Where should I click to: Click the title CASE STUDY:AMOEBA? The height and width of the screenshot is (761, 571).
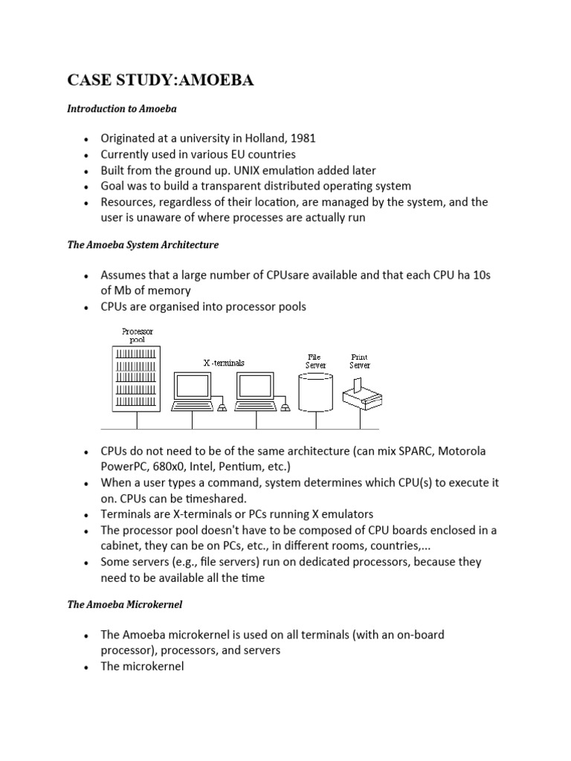[x=161, y=80]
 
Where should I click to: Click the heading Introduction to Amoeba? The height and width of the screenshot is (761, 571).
[x=121, y=109]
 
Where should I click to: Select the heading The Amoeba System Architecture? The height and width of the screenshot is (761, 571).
[x=143, y=244]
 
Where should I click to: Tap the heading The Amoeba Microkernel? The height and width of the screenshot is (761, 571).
[x=124, y=605]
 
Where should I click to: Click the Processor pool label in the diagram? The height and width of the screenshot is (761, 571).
[x=138, y=334]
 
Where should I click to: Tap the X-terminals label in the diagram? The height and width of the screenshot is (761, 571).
[x=224, y=363]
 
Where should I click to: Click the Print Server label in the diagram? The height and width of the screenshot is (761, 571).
[x=360, y=361]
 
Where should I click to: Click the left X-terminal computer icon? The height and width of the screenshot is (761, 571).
[x=192, y=391]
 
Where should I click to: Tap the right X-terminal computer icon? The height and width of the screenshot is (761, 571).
[x=255, y=391]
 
